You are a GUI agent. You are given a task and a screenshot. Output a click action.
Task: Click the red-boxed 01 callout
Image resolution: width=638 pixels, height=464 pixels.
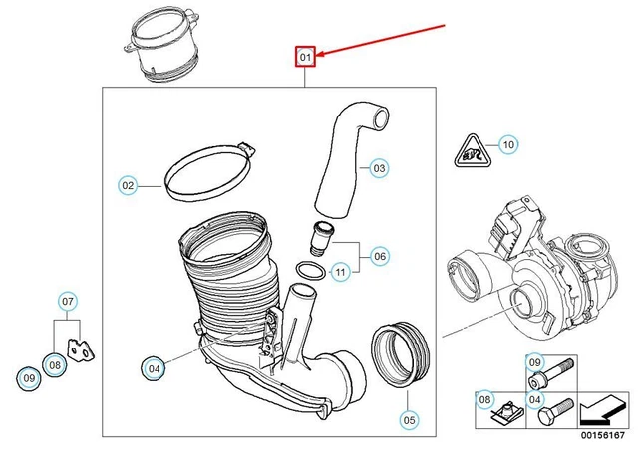tap(305, 57)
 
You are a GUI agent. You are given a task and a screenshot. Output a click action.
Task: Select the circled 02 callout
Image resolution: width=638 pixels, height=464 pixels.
tap(128, 185)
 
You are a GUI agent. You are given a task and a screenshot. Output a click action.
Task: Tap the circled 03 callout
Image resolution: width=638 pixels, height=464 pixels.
tap(379, 169)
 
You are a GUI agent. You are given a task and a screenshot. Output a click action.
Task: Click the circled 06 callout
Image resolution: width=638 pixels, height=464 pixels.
tap(380, 256)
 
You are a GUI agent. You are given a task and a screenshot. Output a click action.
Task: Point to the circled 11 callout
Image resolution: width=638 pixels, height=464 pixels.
tap(340, 271)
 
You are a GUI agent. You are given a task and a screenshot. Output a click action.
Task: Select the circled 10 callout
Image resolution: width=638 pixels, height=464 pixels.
tap(508, 145)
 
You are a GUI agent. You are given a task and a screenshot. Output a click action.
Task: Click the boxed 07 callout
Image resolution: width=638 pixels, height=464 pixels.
tap(68, 300)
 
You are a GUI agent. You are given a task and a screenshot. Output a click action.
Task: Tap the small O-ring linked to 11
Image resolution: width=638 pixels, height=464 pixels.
tap(309, 269)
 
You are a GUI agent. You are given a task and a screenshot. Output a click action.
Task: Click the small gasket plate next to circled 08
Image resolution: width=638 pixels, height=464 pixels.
tap(79, 349)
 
